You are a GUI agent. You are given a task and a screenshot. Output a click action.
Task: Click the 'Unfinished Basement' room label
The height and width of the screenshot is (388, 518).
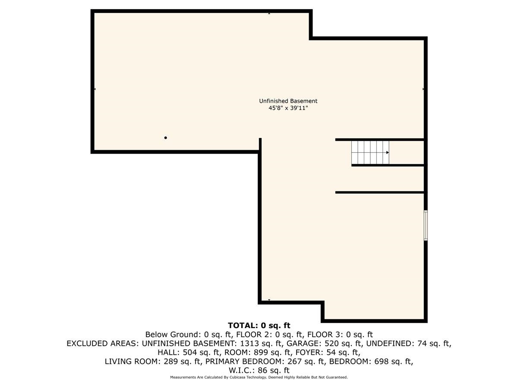click(x=288, y=101)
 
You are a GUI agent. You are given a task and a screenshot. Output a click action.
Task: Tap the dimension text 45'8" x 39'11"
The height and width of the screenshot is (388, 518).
click(x=288, y=109)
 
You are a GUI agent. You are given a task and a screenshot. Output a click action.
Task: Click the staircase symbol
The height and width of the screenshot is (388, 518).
click(x=370, y=153)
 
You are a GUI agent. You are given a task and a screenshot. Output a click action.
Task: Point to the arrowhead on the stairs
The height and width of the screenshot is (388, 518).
click(x=388, y=153)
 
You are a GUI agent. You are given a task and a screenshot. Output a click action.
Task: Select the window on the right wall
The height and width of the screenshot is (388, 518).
click(x=426, y=225)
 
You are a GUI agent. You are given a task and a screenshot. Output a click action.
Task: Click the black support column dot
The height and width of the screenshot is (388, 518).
click(x=166, y=138)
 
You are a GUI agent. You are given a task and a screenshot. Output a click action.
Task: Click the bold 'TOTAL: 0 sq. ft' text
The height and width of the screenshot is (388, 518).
click(x=259, y=325)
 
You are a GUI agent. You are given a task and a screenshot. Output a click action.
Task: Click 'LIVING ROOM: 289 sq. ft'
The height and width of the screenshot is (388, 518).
click(x=153, y=361)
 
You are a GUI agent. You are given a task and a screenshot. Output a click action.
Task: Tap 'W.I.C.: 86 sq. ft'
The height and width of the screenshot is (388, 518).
click(x=259, y=370)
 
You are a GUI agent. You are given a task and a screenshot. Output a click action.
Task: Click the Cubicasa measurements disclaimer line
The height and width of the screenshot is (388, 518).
click(x=259, y=377)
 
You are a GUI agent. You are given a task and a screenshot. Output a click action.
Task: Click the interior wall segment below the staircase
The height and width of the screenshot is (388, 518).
click(x=380, y=192)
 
